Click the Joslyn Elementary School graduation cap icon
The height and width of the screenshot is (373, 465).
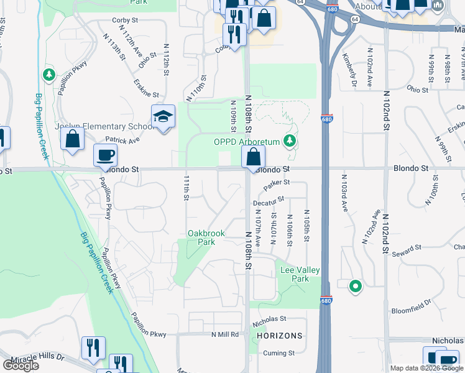click(163, 117)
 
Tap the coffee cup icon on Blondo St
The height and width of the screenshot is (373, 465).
click(105, 155)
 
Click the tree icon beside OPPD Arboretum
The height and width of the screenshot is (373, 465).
click(289, 141)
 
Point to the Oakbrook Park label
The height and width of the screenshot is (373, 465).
click(206, 238)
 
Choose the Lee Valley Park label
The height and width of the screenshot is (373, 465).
click(300, 274)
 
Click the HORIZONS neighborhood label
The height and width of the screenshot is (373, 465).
click(279, 336)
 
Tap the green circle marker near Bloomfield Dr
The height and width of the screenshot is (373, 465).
click(355, 287)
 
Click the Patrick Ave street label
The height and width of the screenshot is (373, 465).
click(122, 141)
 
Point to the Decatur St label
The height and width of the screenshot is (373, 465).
click(269, 200)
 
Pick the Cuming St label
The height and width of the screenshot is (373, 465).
click(278, 353)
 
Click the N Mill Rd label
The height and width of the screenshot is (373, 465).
click(225, 334)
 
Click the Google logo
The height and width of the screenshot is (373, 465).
click(20, 366)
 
